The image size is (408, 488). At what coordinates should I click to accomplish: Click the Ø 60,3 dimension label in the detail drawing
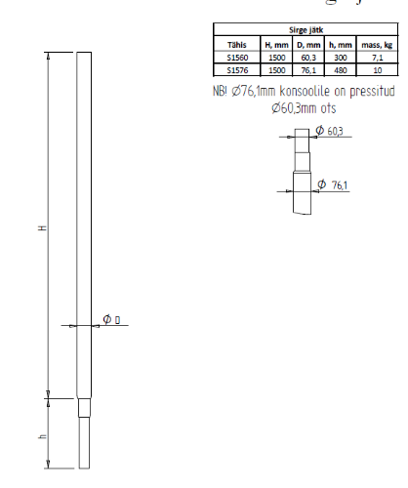tap(331, 132)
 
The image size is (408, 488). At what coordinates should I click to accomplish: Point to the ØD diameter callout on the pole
tap(110, 320)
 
